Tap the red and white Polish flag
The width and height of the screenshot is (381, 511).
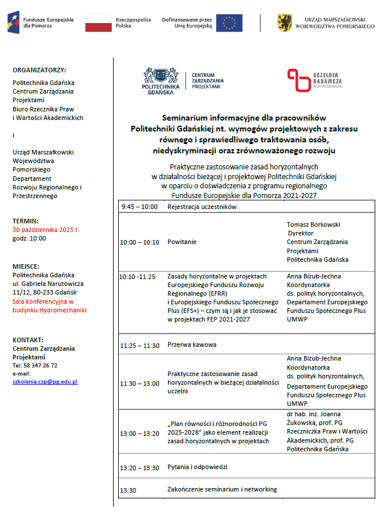pos(98,23)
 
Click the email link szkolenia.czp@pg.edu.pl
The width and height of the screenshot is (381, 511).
pos(45,381)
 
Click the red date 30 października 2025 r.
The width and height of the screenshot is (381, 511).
pos(46,230)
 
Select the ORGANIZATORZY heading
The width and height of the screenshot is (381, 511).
pos(39,69)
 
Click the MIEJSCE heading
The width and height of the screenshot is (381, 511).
pos(26,266)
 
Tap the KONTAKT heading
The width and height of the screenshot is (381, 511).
pos(28,340)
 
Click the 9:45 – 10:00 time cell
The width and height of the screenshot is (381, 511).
pos(139,207)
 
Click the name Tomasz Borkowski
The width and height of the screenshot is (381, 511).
pos(313,224)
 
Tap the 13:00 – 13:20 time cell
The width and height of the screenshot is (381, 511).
pos(140,433)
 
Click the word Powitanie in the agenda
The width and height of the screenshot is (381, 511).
pos(182,242)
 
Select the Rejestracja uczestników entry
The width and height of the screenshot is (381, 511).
pos(201,207)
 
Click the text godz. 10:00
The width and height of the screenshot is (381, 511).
pos(30,238)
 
